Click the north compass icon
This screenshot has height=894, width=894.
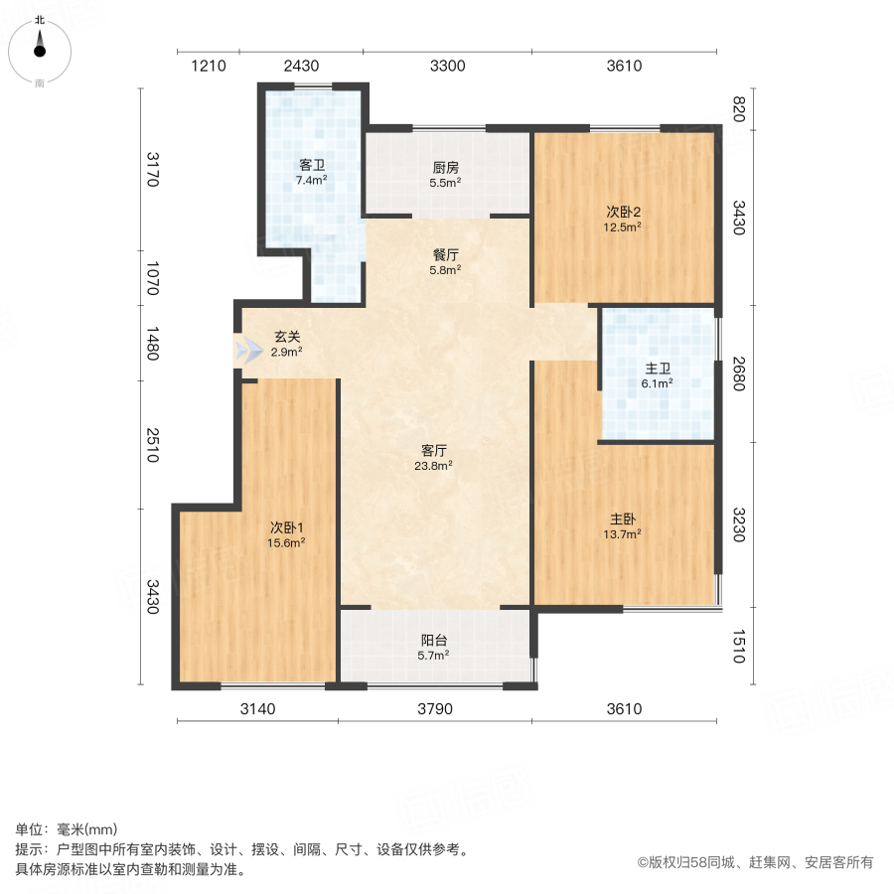(40, 48)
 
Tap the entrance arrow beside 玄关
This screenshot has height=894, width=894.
(245, 350)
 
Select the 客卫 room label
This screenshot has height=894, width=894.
(311, 165)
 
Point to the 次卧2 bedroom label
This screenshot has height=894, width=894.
(624, 211)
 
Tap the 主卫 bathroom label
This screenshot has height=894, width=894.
(658, 367)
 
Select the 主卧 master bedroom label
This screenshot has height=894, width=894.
(624, 518)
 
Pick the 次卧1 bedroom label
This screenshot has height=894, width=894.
(286, 526)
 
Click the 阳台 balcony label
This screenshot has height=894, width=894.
(434, 640)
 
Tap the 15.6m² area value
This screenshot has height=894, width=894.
(286, 542)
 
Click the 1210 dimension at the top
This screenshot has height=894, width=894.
(209, 67)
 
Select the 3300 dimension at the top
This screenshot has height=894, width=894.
(447, 67)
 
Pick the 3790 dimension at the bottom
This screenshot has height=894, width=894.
(434, 708)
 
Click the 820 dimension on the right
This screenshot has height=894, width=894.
(738, 109)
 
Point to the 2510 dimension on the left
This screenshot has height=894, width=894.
(151, 446)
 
